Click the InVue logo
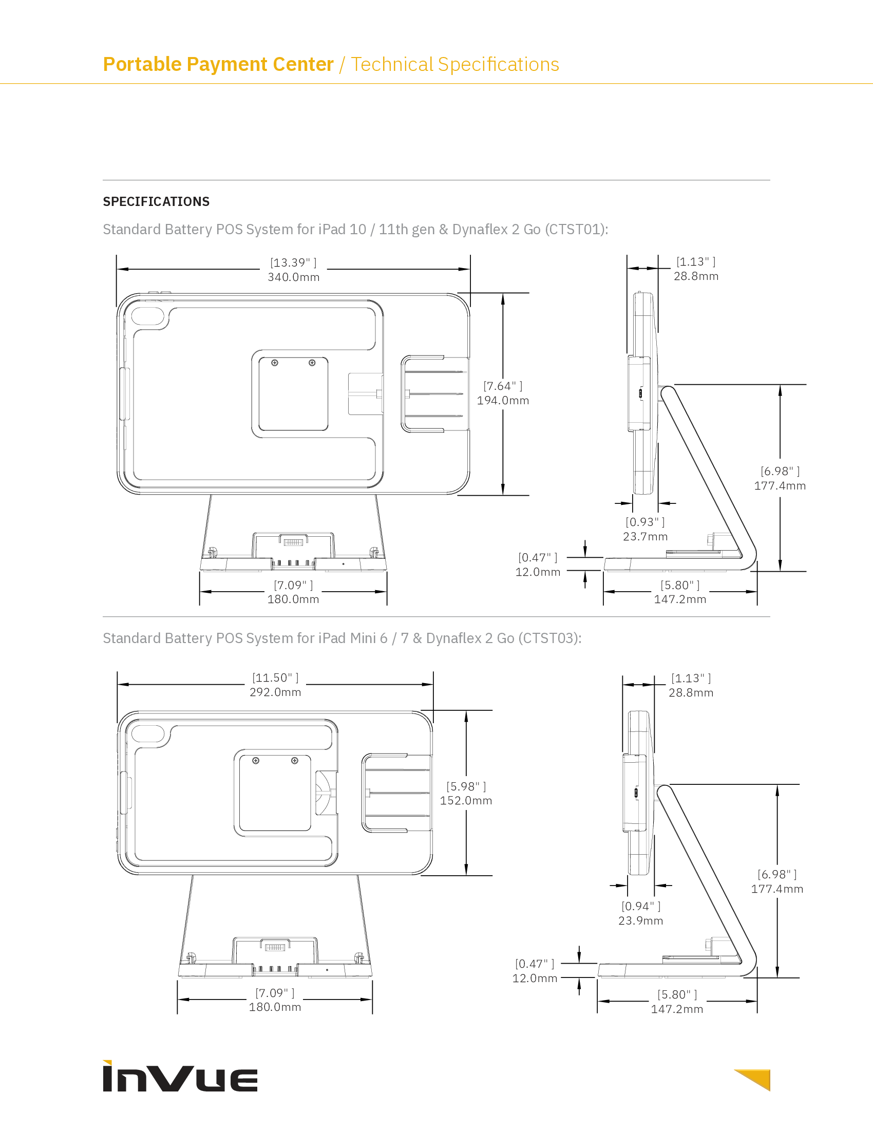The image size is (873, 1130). point(180,1076)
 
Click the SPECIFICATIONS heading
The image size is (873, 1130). point(156,201)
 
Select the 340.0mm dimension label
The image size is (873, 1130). point(293,277)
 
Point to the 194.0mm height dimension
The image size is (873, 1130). point(503,401)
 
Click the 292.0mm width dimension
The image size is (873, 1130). point(275,692)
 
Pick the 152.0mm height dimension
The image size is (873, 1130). point(466,800)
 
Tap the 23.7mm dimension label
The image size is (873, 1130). point(645,537)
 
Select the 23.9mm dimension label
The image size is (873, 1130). point(641,920)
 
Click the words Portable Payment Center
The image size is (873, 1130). point(218,64)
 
